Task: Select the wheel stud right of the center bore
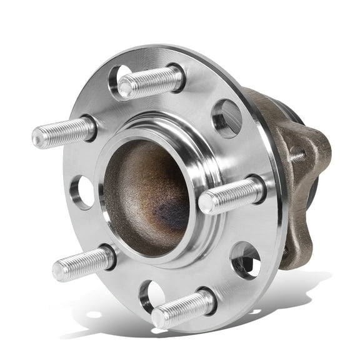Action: click(231, 196)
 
